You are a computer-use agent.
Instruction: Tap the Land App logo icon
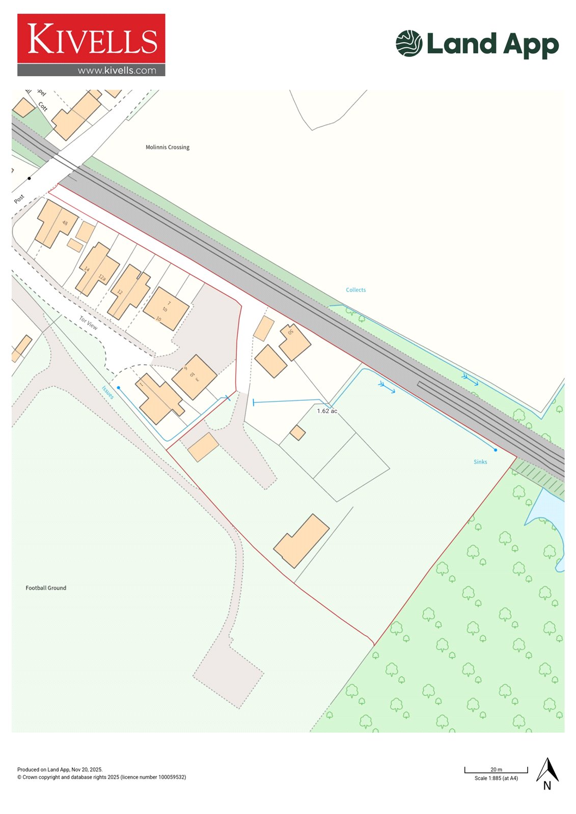[409, 43]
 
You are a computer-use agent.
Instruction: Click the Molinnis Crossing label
[167, 147]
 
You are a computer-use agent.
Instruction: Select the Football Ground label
[46, 588]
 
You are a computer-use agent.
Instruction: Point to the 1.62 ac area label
[326, 411]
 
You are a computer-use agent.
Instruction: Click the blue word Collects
[355, 290]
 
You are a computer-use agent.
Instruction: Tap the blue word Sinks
[480, 462]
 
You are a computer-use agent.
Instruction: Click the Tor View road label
[88, 323]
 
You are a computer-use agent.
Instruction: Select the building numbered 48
[55, 224]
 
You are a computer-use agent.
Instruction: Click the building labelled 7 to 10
[166, 309]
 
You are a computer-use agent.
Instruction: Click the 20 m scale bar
[496, 770]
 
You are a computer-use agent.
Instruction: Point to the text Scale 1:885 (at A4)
[496, 778]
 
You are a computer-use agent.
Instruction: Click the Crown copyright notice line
[101, 777]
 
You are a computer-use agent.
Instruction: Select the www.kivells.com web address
[117, 71]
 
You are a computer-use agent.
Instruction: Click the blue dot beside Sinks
[495, 450]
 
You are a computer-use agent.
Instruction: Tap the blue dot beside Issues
[119, 388]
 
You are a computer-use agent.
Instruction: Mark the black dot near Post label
[30, 178]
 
